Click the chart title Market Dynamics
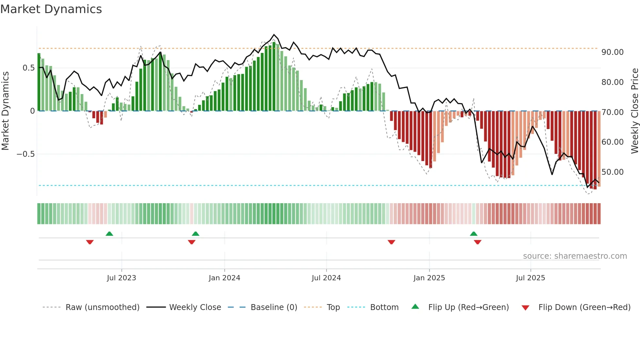(51, 9)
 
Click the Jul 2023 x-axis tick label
(121, 278)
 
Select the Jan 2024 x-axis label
(224, 278)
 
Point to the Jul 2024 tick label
(326, 278)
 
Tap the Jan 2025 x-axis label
(429, 278)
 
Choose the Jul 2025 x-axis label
(530, 278)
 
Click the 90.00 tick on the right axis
(612, 52)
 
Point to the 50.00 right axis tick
(612, 172)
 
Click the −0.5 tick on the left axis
(25, 154)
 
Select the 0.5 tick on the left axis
(28, 68)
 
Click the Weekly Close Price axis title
(634, 111)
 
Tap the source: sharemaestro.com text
(575, 256)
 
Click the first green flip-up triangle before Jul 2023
(109, 234)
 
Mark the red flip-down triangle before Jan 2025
(391, 242)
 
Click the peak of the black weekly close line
(274, 35)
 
